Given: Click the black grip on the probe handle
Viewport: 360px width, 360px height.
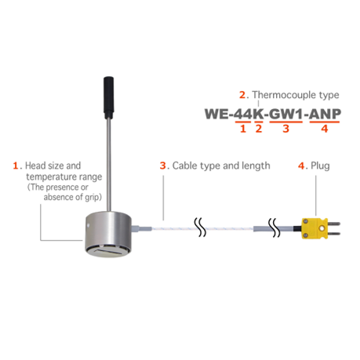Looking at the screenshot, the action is tap(108, 98).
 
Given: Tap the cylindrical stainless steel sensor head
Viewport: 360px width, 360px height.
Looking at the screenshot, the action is tap(108, 234).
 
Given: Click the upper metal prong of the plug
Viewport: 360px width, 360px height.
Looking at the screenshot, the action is tap(334, 224).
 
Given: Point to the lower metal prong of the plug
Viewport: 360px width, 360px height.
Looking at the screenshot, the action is tap(334, 234).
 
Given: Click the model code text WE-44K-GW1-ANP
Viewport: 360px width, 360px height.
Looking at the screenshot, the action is tap(273, 114).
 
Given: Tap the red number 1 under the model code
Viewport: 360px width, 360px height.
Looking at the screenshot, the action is tap(243, 129).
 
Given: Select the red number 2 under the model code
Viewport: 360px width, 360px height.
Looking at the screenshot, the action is tap(259, 129).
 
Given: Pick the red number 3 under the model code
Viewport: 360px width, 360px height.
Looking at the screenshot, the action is tap(285, 129).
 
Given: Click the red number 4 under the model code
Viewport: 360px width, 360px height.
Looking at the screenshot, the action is tap(325, 129).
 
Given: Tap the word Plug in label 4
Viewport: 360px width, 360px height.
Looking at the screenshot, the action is tap(320, 165).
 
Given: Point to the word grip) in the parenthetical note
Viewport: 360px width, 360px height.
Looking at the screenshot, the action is tap(93, 197).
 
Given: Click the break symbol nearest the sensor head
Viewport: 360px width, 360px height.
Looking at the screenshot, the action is tap(200, 227).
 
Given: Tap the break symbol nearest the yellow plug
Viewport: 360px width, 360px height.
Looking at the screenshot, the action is tap(275, 227).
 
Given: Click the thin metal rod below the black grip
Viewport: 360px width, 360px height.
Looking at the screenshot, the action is tap(108, 165).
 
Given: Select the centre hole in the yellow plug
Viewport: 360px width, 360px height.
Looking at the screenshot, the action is tap(322, 228).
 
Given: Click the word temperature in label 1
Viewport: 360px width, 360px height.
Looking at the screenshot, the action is tap(51, 177).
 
